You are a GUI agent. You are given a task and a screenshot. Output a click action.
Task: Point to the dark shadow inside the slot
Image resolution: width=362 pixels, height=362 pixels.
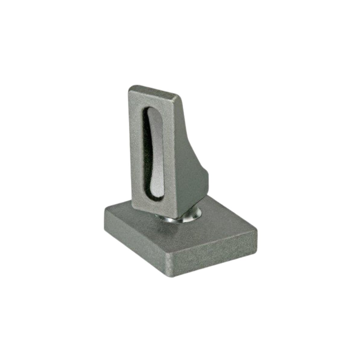tap(146, 151)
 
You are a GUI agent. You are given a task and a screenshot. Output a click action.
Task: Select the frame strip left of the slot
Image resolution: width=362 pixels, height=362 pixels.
tap(136, 145)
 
